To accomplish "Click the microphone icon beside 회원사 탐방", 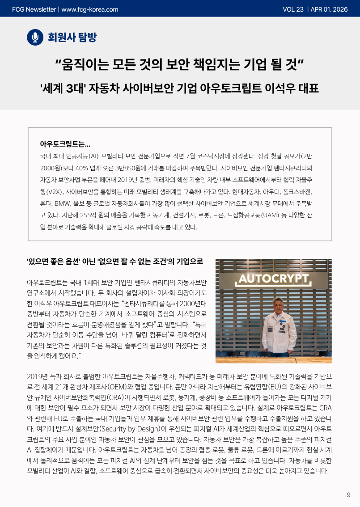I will point(35,37).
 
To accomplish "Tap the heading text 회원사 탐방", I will point(72,37).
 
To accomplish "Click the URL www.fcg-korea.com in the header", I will point(89,9).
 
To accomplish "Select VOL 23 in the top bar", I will point(293,9).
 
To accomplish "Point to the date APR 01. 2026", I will point(329,9).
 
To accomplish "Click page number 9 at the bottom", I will point(348,494).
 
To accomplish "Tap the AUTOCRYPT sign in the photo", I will point(274,279).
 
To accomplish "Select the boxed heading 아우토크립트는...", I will point(65,144).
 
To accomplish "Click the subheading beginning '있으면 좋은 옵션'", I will point(115,262).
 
